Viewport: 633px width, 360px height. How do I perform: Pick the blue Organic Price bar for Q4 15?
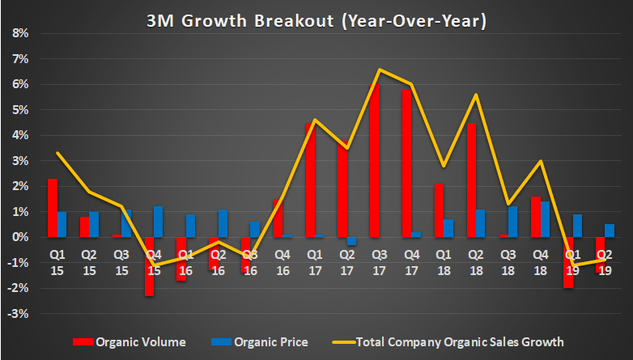pyautogui.click(x=158, y=222)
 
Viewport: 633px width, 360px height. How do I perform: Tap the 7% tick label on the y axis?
pyautogui.click(x=19, y=59)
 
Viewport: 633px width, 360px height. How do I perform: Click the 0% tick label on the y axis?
pyautogui.click(x=19, y=238)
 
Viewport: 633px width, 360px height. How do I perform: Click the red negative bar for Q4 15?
pyautogui.click(x=149, y=266)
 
